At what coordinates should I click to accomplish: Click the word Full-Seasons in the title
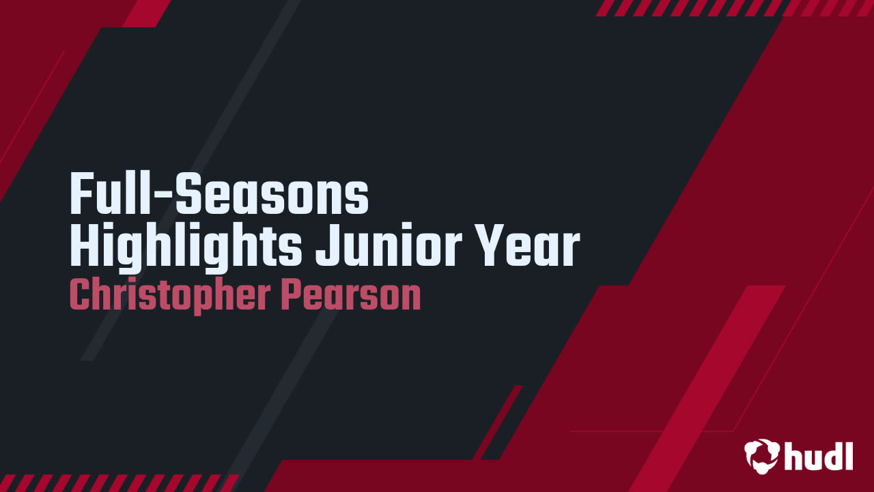click(x=219, y=195)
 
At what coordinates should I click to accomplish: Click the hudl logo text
click(x=819, y=455)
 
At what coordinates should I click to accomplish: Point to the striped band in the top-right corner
click(x=734, y=8)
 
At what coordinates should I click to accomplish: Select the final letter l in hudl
click(x=849, y=454)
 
